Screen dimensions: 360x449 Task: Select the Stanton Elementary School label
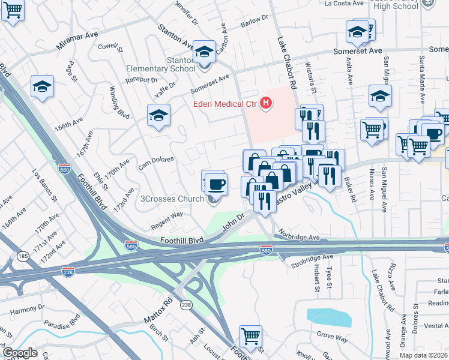tap(161, 65)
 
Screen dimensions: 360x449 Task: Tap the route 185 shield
tap(23, 256)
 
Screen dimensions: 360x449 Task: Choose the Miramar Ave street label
tap(77, 40)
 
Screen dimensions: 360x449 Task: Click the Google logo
tap(20, 353)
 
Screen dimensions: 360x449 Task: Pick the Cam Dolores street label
tap(156, 163)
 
